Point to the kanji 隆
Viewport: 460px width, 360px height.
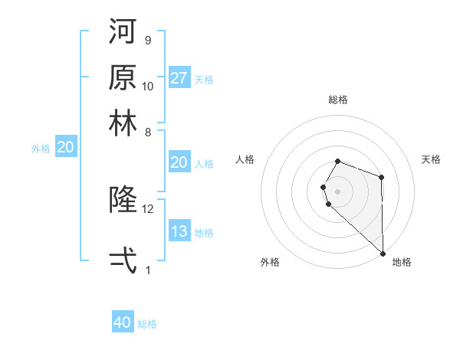123,201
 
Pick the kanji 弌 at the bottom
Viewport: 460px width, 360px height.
123,261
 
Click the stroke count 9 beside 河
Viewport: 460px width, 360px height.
147,40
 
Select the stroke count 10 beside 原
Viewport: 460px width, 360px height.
148,86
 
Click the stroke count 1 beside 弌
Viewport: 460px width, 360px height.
147,270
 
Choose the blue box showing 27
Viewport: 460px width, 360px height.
179,78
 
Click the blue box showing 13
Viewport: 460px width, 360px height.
179,232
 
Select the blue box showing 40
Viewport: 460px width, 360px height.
123,322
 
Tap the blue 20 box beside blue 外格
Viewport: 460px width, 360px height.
64,148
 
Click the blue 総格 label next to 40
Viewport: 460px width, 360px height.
147,324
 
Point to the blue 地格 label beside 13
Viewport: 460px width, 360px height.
204,233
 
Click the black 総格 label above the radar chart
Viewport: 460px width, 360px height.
337,100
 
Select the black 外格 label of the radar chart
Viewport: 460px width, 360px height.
270,263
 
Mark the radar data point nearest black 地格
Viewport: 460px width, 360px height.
383,252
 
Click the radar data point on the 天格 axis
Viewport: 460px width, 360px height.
381,178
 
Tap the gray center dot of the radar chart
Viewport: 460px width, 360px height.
337,191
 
